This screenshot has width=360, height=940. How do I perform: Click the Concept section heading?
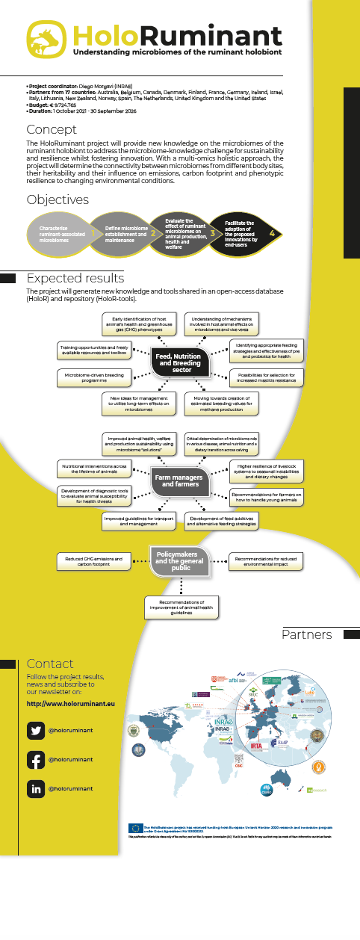[51, 129]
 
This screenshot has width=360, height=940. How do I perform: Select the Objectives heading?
[58, 200]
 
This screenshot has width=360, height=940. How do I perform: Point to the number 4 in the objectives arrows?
[272, 233]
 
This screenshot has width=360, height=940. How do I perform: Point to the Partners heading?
[306, 634]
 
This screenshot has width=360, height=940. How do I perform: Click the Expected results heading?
[75, 278]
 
